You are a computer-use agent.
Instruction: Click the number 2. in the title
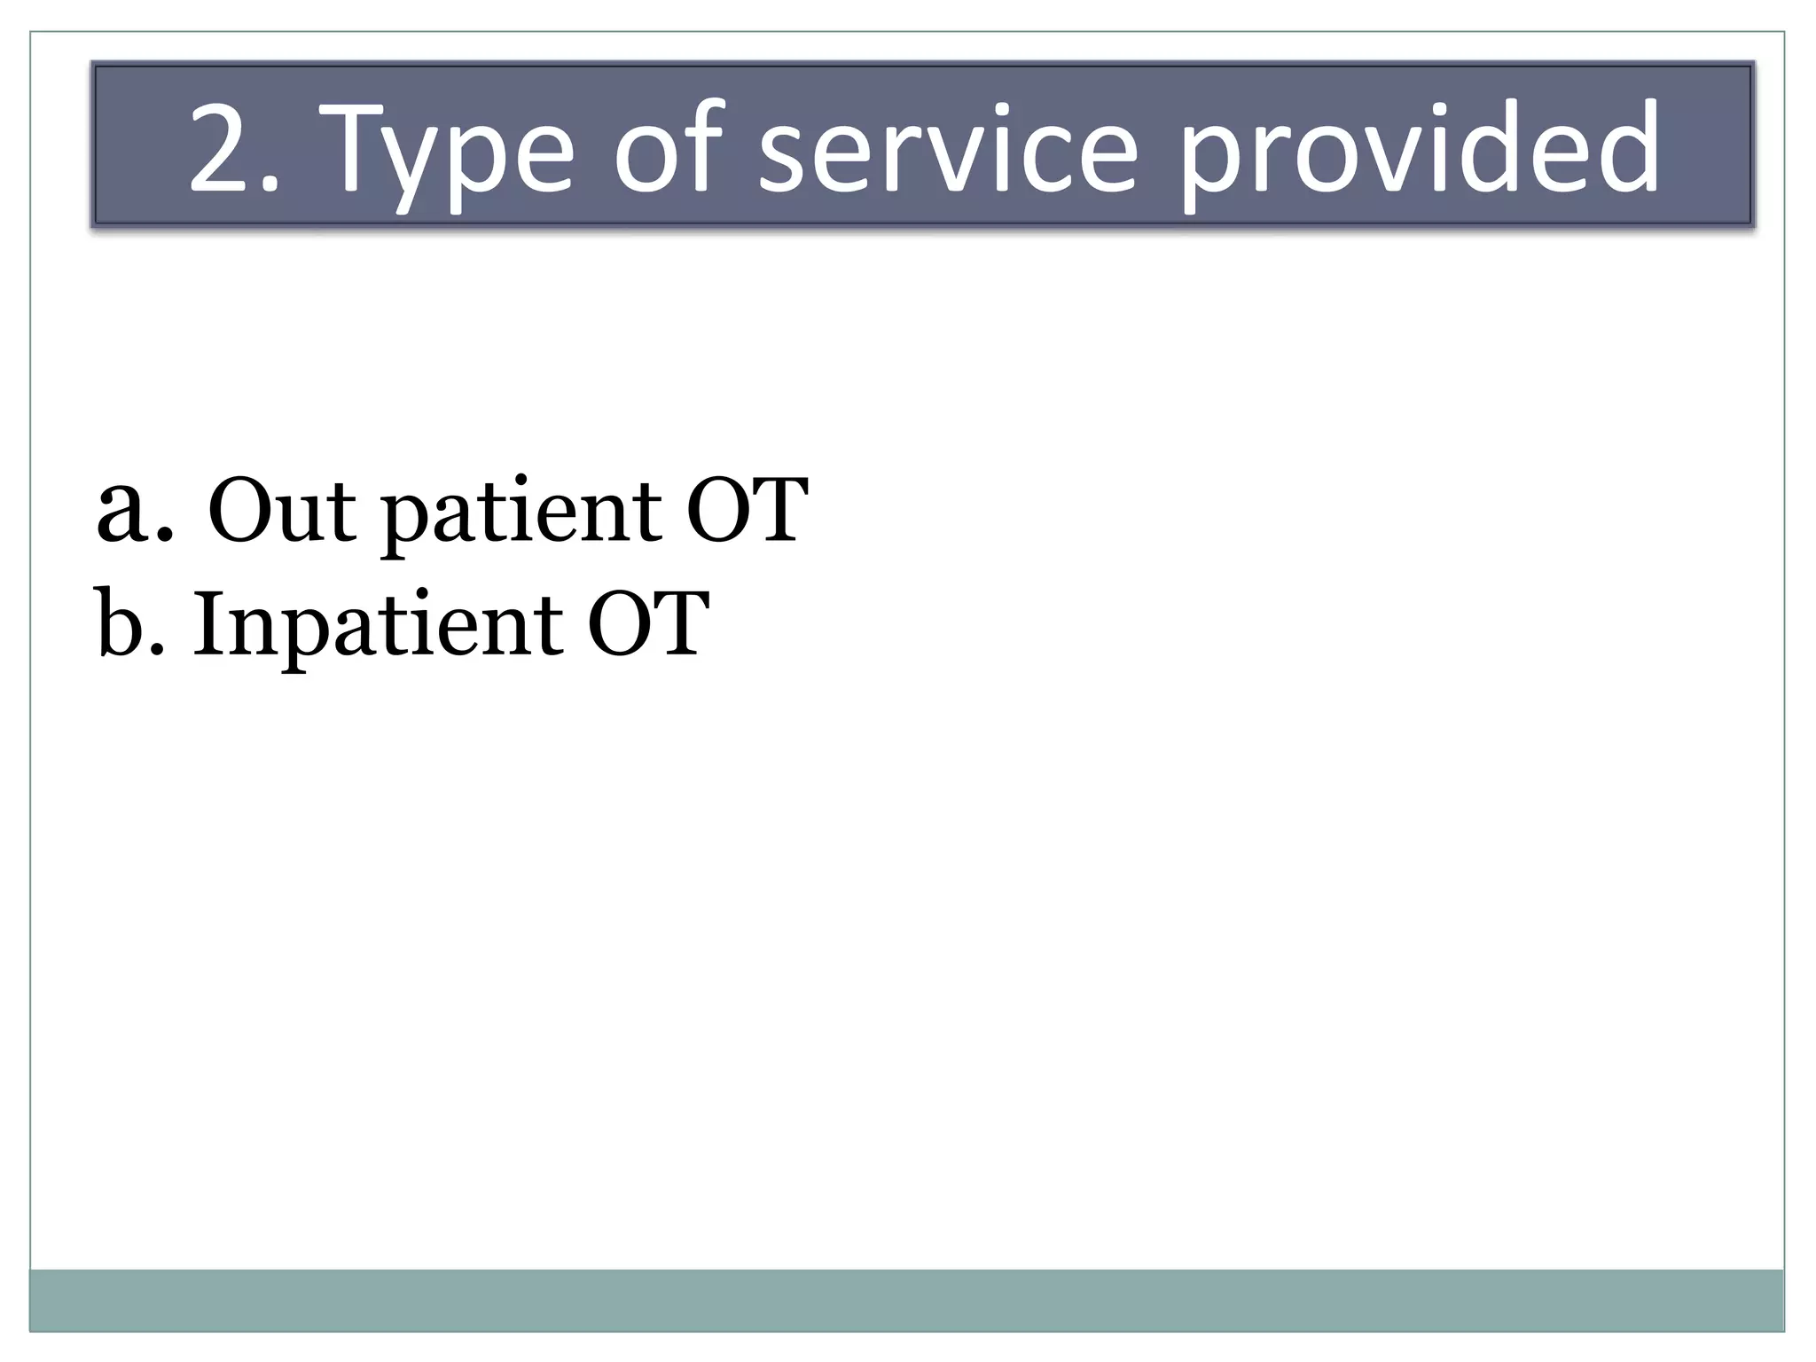232,148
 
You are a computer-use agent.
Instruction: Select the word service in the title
948,148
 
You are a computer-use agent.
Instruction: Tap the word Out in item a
281,512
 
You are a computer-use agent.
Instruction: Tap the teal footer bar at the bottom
906,1300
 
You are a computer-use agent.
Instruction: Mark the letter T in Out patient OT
778,512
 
